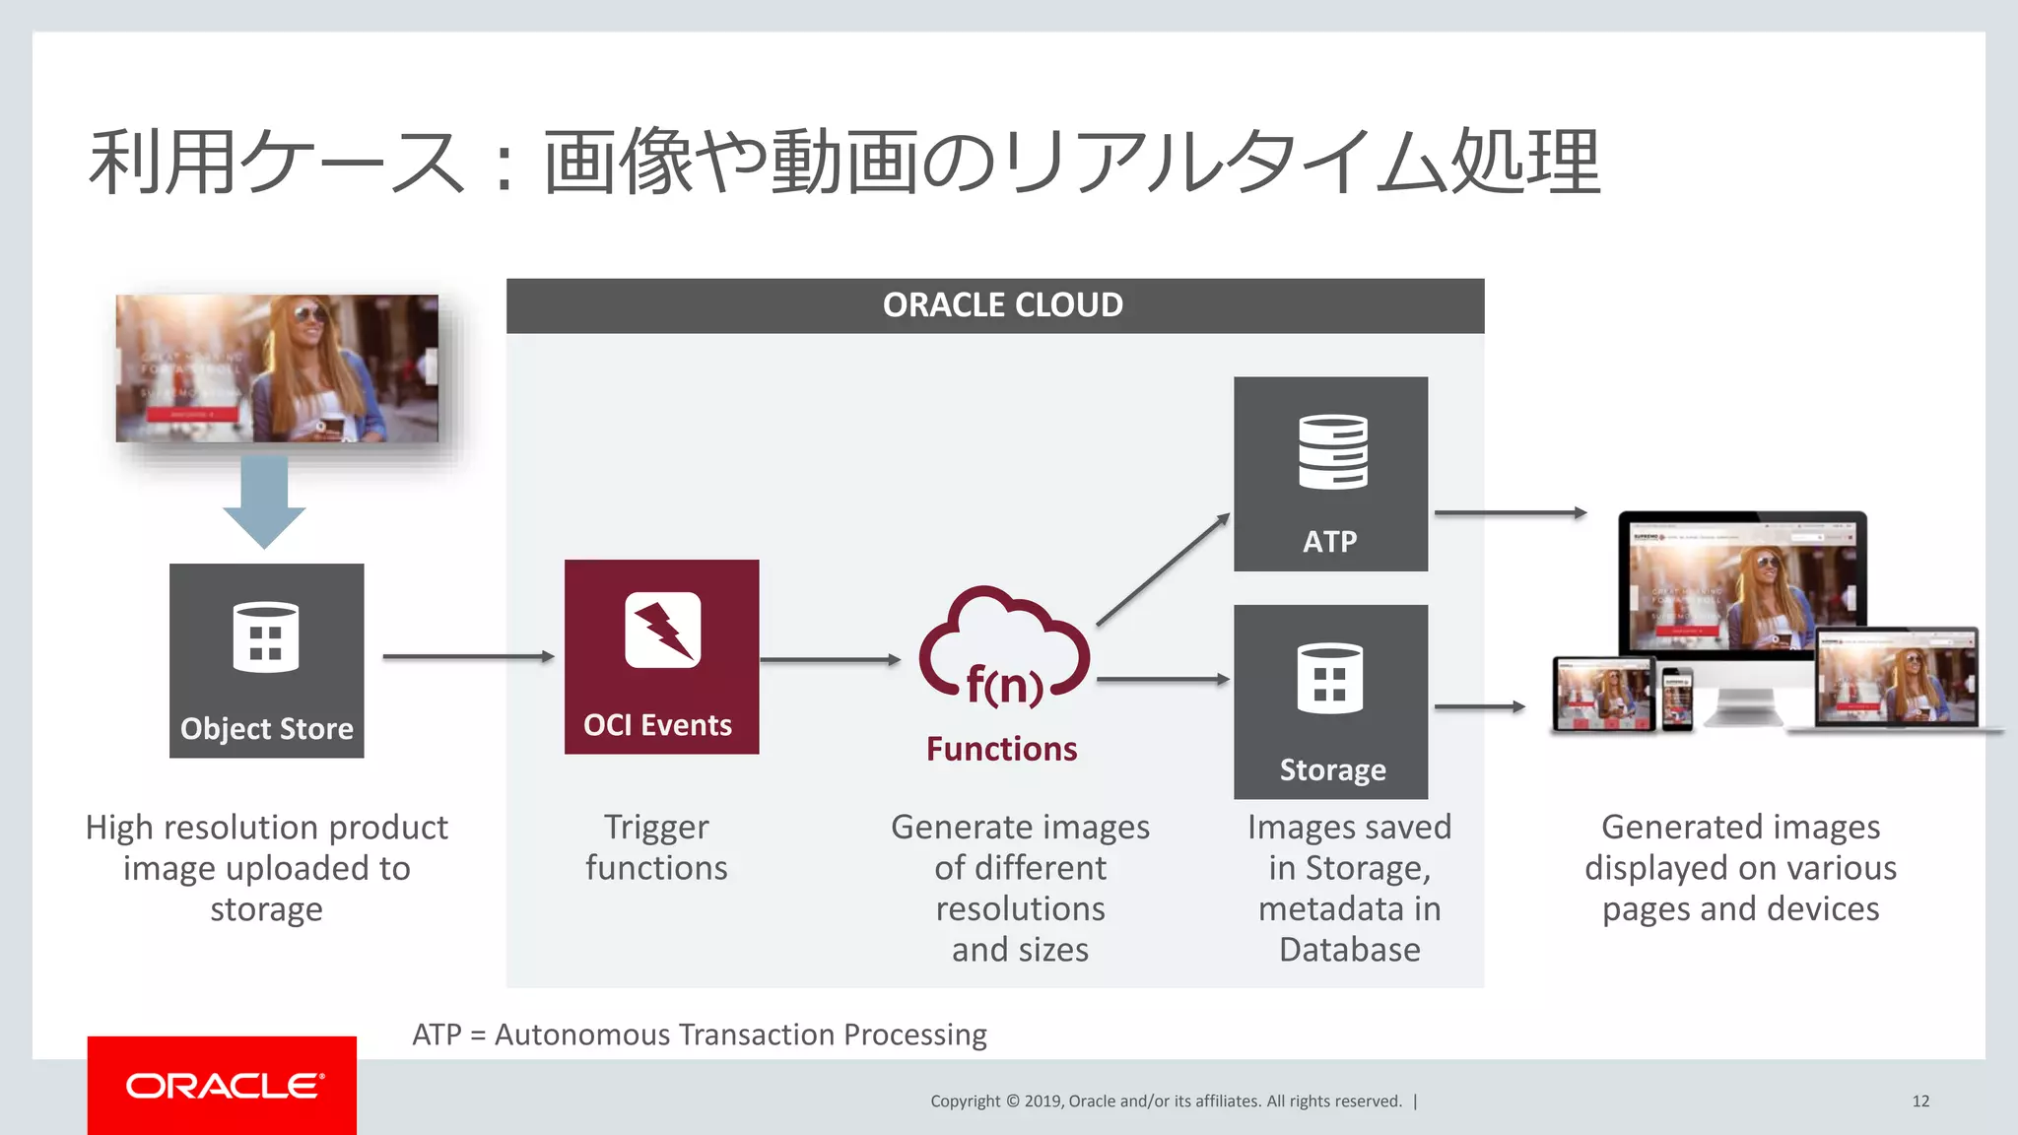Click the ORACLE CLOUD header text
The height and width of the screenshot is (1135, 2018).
1002,305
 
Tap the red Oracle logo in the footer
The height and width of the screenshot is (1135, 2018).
222,1085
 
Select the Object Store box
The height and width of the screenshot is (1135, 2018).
266,660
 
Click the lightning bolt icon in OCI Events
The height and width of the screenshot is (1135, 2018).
662,631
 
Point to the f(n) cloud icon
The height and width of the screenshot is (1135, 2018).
1003,650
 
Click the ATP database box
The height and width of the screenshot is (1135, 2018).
1330,473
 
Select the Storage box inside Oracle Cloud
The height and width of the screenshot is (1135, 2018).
1330,701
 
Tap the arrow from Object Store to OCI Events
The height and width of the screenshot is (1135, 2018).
468,656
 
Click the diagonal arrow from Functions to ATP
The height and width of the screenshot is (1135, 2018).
1163,569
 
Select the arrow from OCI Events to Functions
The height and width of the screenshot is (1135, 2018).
830,659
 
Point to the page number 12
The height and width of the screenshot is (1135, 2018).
1920,1101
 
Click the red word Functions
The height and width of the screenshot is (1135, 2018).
1001,749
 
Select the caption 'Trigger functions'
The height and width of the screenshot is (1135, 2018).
656,847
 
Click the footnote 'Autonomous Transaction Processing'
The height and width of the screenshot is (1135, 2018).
740,1035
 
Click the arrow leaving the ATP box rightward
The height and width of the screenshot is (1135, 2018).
1510,512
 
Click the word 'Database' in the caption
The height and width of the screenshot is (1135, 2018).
1349,950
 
